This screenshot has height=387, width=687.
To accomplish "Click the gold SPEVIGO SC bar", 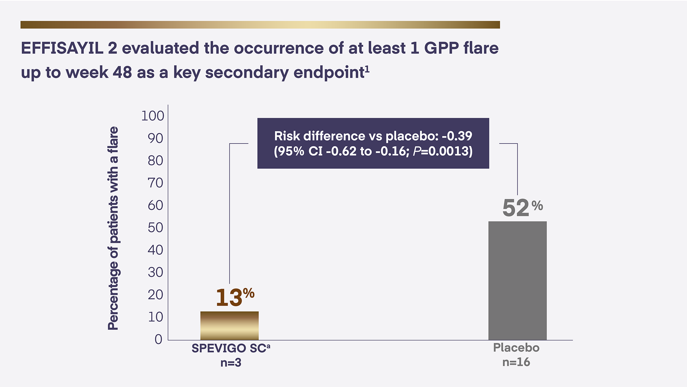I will [x=230, y=326].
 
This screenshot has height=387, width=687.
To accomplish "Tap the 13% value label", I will [x=234, y=297].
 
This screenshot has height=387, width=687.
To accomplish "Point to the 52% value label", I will [x=522, y=208].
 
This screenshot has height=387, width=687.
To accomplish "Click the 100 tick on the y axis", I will [x=153, y=116].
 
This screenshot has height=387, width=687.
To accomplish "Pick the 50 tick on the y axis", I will [x=155, y=227].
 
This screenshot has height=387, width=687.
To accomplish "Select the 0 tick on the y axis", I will [x=158, y=339].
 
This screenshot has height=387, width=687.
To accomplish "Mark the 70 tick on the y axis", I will [x=155, y=183].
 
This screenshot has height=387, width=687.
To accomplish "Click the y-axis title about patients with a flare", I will [x=113, y=228].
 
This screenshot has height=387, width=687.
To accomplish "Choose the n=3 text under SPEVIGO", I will [x=231, y=363].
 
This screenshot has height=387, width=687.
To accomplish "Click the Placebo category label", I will [x=516, y=348].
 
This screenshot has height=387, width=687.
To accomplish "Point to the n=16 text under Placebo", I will [x=516, y=362].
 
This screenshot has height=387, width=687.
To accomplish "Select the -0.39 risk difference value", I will [x=457, y=136].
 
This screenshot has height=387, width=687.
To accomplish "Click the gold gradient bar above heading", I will [x=260, y=25].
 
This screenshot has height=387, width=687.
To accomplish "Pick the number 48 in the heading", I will [x=122, y=72].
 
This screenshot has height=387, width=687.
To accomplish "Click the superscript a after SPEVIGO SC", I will [x=268, y=346].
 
